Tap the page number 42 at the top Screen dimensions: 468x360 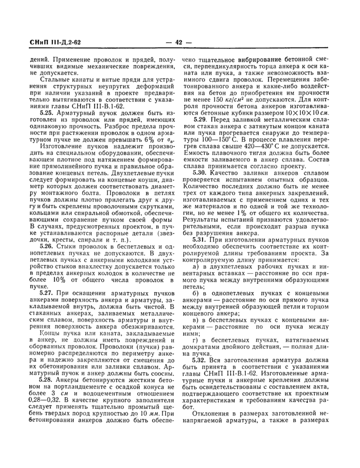(x=179, y=43)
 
